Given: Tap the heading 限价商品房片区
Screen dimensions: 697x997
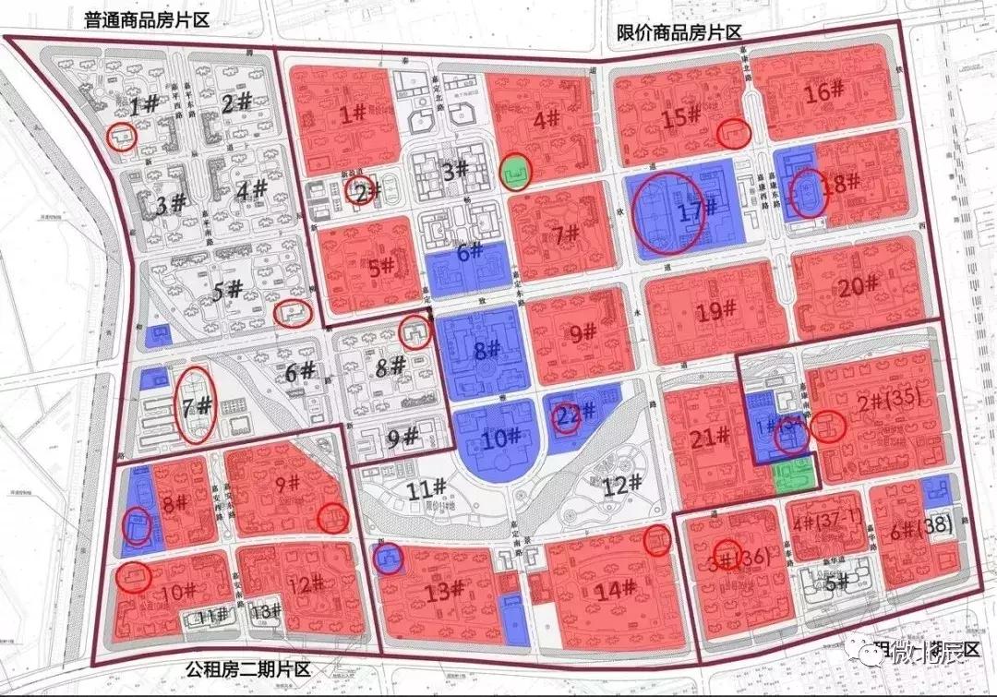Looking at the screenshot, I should pos(679,32).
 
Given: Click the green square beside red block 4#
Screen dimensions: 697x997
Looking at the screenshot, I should pos(516,171).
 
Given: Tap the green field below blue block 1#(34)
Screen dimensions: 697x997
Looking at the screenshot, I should pos(794,473).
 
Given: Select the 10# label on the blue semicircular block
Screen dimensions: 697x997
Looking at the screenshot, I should pos(496,439).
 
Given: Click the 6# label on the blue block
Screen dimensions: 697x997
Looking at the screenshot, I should pos(469,252).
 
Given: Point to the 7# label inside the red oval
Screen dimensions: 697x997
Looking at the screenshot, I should pos(197,406).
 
